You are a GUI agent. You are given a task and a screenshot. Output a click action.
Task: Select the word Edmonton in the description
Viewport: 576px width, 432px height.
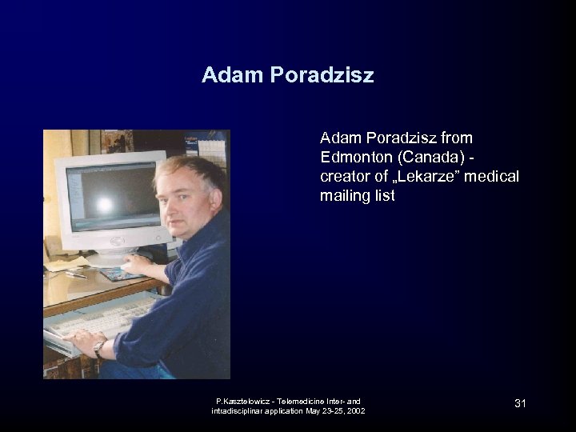click(356, 156)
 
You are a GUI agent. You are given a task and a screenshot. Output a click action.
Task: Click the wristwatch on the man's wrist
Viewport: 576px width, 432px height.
click(99, 348)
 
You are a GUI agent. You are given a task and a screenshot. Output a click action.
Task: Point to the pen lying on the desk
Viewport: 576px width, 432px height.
click(76, 274)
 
